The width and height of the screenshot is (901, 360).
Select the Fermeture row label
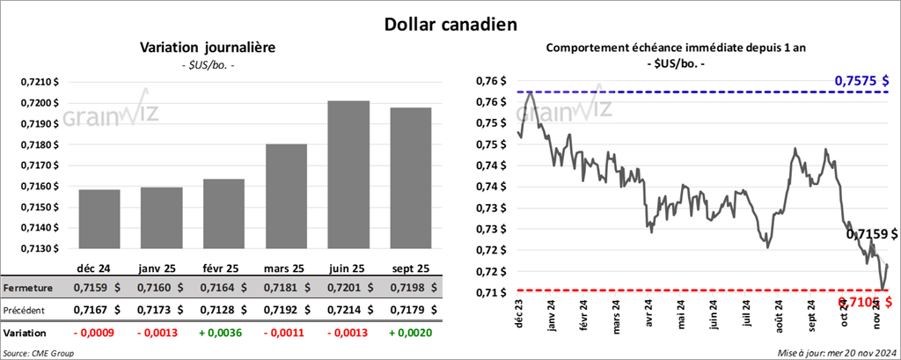(28, 288)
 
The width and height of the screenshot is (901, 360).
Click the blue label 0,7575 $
(866, 81)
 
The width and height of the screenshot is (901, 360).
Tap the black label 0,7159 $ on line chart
(871, 235)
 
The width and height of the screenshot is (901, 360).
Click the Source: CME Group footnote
(39, 353)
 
